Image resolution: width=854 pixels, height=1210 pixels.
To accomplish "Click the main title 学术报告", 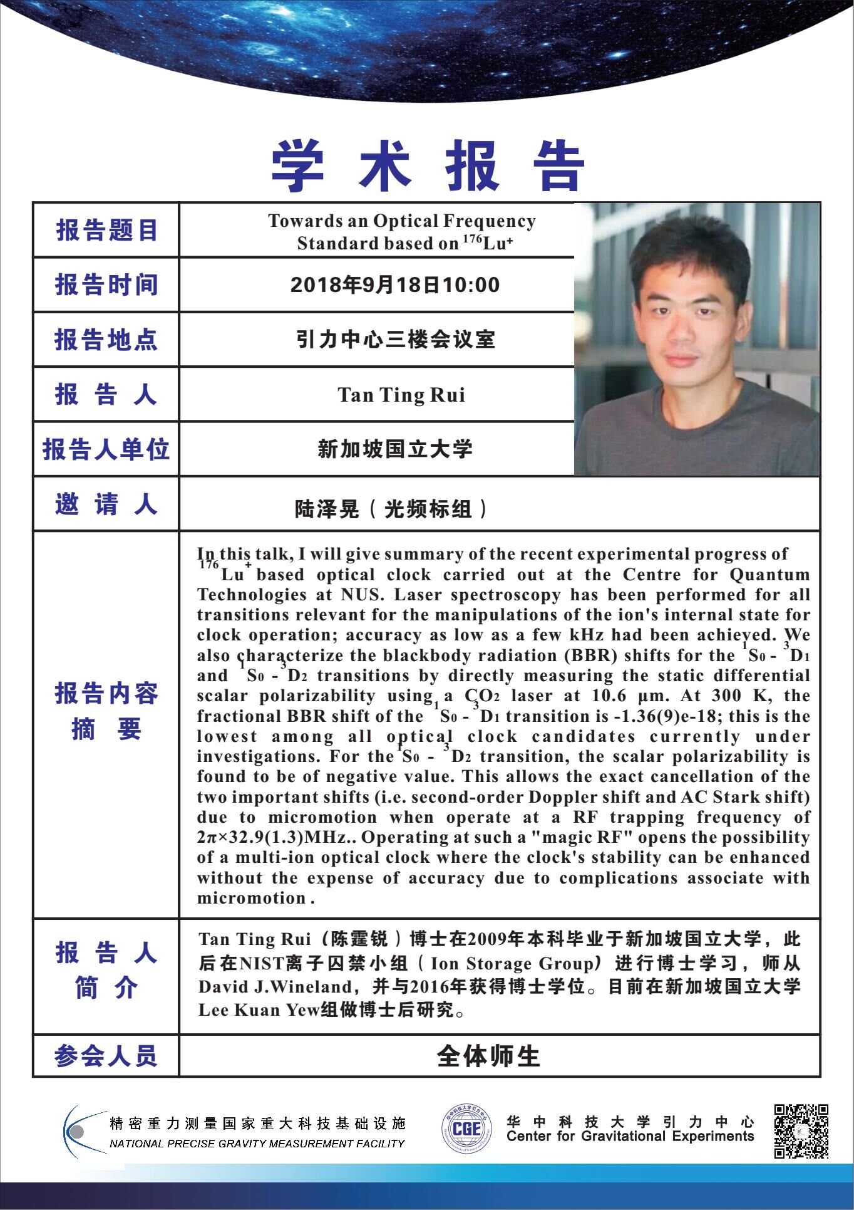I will [x=428, y=166].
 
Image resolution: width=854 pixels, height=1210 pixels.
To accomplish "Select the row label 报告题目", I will [x=106, y=231].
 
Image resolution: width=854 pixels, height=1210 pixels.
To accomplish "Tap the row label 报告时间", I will [x=106, y=285].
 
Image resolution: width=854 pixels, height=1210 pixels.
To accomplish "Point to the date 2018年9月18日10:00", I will [x=395, y=285].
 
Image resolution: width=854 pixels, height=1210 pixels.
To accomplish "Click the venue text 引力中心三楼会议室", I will [x=395, y=340].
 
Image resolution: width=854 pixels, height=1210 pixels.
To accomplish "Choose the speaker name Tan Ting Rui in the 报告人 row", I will [x=401, y=395].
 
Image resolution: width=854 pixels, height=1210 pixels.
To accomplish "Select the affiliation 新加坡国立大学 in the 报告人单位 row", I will [x=395, y=449].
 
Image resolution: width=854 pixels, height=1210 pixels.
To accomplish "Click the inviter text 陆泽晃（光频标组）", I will [x=392, y=509].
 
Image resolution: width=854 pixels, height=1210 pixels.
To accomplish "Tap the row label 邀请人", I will [x=106, y=504].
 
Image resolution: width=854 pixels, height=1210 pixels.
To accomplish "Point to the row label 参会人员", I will [x=106, y=1056].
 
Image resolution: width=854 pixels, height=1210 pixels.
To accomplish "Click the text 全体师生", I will [x=488, y=1056].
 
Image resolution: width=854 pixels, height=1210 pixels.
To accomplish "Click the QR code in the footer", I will [x=801, y=1131].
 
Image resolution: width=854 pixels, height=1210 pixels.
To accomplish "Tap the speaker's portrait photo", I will [x=697, y=339].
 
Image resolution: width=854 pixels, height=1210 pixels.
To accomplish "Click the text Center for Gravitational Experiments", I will [x=630, y=1136].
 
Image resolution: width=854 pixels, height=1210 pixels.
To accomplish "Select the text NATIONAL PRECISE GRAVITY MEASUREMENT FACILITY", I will [x=257, y=1144].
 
